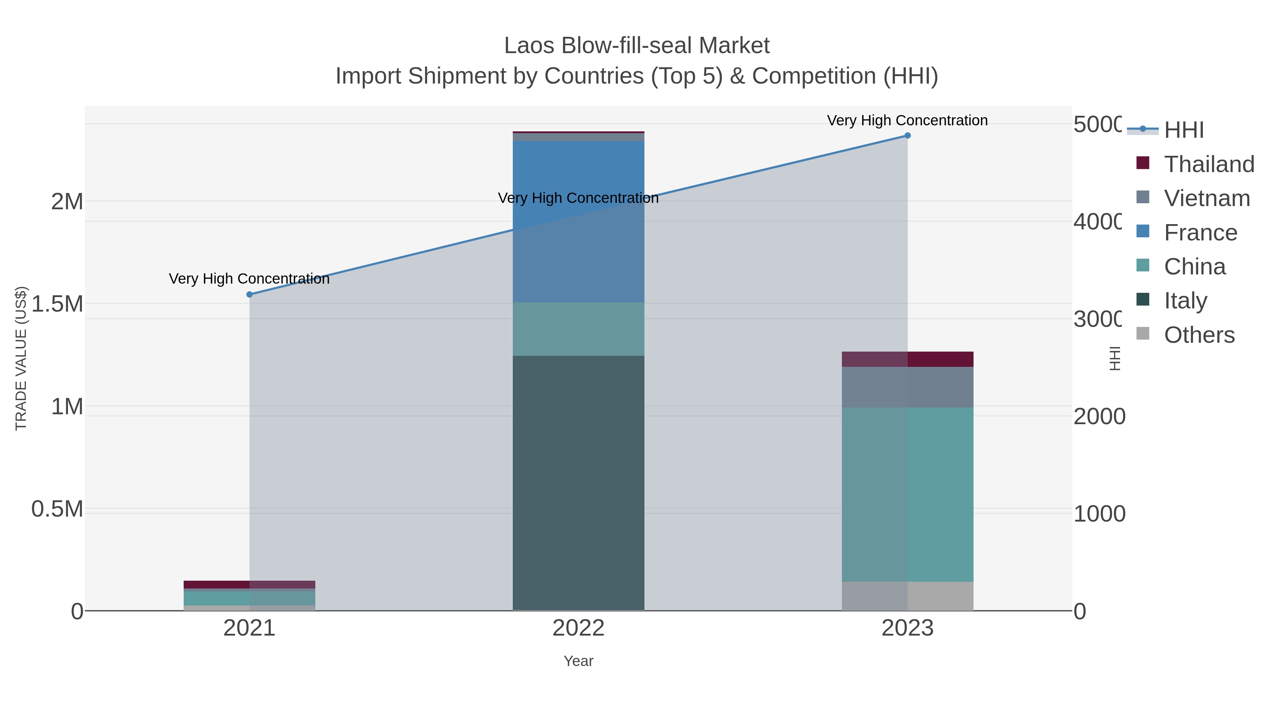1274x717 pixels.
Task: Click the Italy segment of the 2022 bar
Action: coord(578,483)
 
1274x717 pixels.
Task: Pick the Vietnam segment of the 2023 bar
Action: coord(907,387)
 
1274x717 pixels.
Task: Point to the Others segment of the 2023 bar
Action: coord(907,596)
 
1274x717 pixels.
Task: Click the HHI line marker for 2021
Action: coord(249,295)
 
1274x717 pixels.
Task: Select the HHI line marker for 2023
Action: coord(907,136)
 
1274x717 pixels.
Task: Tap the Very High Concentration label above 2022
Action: coord(578,198)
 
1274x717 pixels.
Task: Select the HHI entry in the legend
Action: coord(1183,130)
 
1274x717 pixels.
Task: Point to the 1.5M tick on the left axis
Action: coord(57,304)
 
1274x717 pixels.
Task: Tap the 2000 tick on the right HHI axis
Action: coord(1099,417)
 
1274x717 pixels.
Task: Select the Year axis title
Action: coord(578,661)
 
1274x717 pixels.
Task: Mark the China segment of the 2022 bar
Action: coord(578,329)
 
